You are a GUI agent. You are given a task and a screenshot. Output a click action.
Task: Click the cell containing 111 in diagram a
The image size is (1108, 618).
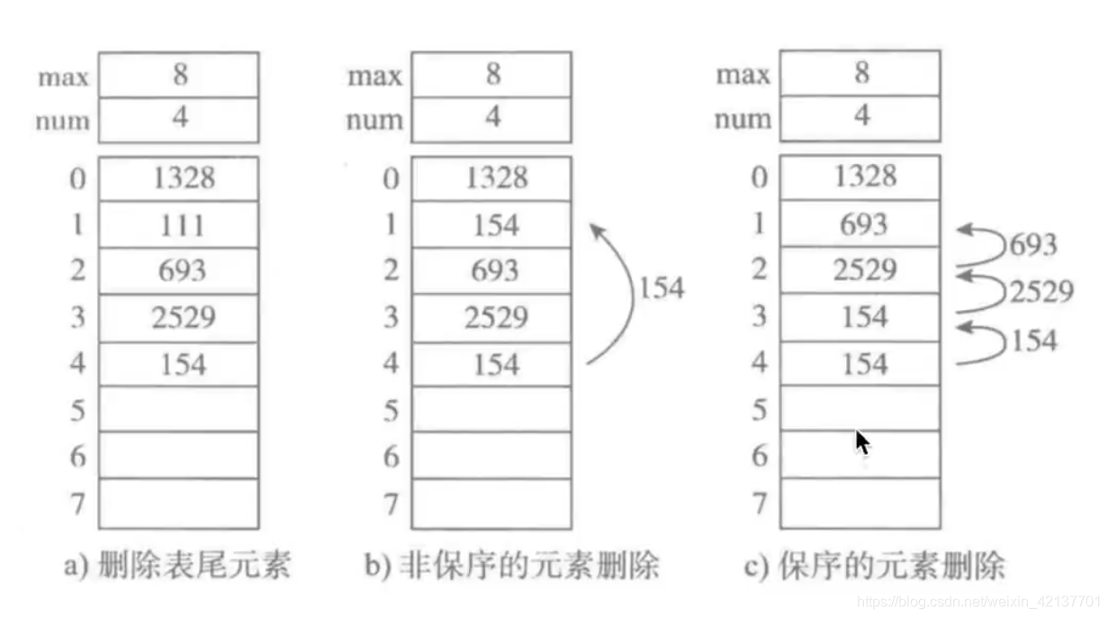point(178,225)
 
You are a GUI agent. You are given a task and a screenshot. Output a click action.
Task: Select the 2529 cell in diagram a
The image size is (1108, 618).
point(178,318)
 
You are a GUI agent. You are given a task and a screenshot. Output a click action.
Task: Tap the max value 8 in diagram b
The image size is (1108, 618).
point(491,74)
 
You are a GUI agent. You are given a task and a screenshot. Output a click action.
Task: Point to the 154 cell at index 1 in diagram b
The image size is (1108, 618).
point(491,225)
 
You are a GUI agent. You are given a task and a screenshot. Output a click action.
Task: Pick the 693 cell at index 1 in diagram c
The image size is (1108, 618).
point(860,223)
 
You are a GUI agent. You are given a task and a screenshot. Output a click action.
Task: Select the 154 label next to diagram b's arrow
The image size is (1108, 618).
point(662,288)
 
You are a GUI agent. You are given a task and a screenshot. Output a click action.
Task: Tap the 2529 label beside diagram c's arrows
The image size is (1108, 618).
point(1041,291)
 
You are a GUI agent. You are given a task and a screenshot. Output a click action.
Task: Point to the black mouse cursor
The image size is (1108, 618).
point(862,442)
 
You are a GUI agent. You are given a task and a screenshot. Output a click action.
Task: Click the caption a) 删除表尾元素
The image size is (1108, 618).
point(177,565)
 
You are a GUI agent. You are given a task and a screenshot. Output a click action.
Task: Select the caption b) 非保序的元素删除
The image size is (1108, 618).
point(512,565)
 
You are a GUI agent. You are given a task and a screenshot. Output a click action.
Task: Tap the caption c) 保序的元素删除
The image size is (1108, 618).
point(875,565)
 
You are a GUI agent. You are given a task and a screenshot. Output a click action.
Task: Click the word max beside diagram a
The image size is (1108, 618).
point(64,77)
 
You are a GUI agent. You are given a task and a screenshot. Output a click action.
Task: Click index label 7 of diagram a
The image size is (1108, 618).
point(78,504)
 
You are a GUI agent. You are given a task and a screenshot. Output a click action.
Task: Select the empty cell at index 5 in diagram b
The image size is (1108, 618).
point(491,410)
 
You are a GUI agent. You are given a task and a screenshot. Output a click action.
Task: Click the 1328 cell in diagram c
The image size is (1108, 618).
point(860,177)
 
